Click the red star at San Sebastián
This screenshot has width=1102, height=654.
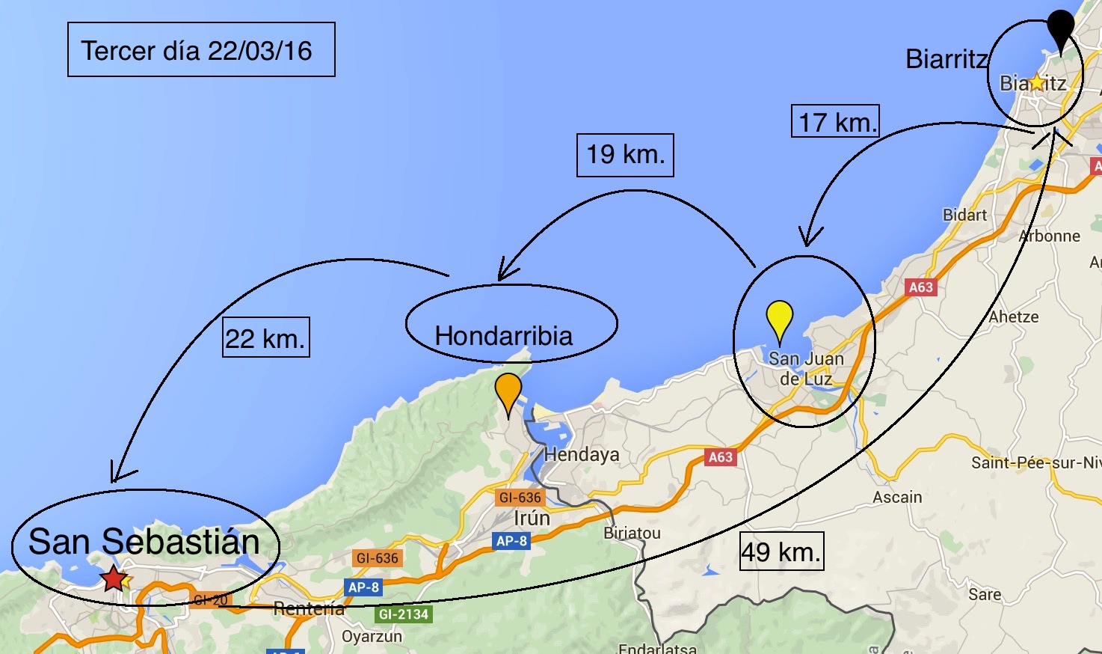(114, 578)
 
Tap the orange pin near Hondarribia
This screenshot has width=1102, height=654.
(508, 390)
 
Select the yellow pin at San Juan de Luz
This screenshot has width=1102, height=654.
(780, 317)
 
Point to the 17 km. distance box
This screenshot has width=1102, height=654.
(835, 121)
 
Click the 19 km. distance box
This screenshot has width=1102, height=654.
(625, 155)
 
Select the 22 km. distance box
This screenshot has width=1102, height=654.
(265, 337)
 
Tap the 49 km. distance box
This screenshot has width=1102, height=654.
(781, 551)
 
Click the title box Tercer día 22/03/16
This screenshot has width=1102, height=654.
(201, 49)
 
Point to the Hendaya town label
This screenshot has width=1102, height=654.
(582, 454)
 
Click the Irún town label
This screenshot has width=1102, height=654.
(532, 518)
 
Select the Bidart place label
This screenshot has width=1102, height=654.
(964, 215)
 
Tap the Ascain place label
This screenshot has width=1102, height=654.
(897, 497)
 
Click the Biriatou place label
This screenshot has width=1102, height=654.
(632, 533)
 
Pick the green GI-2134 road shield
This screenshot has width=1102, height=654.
(404, 614)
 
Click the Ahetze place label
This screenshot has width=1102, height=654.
(1013, 317)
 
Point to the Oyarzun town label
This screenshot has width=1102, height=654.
(372, 636)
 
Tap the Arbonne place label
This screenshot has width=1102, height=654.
(1050, 236)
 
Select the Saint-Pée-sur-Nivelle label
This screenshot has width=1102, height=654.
(1035, 462)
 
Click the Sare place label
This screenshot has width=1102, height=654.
(985, 594)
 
